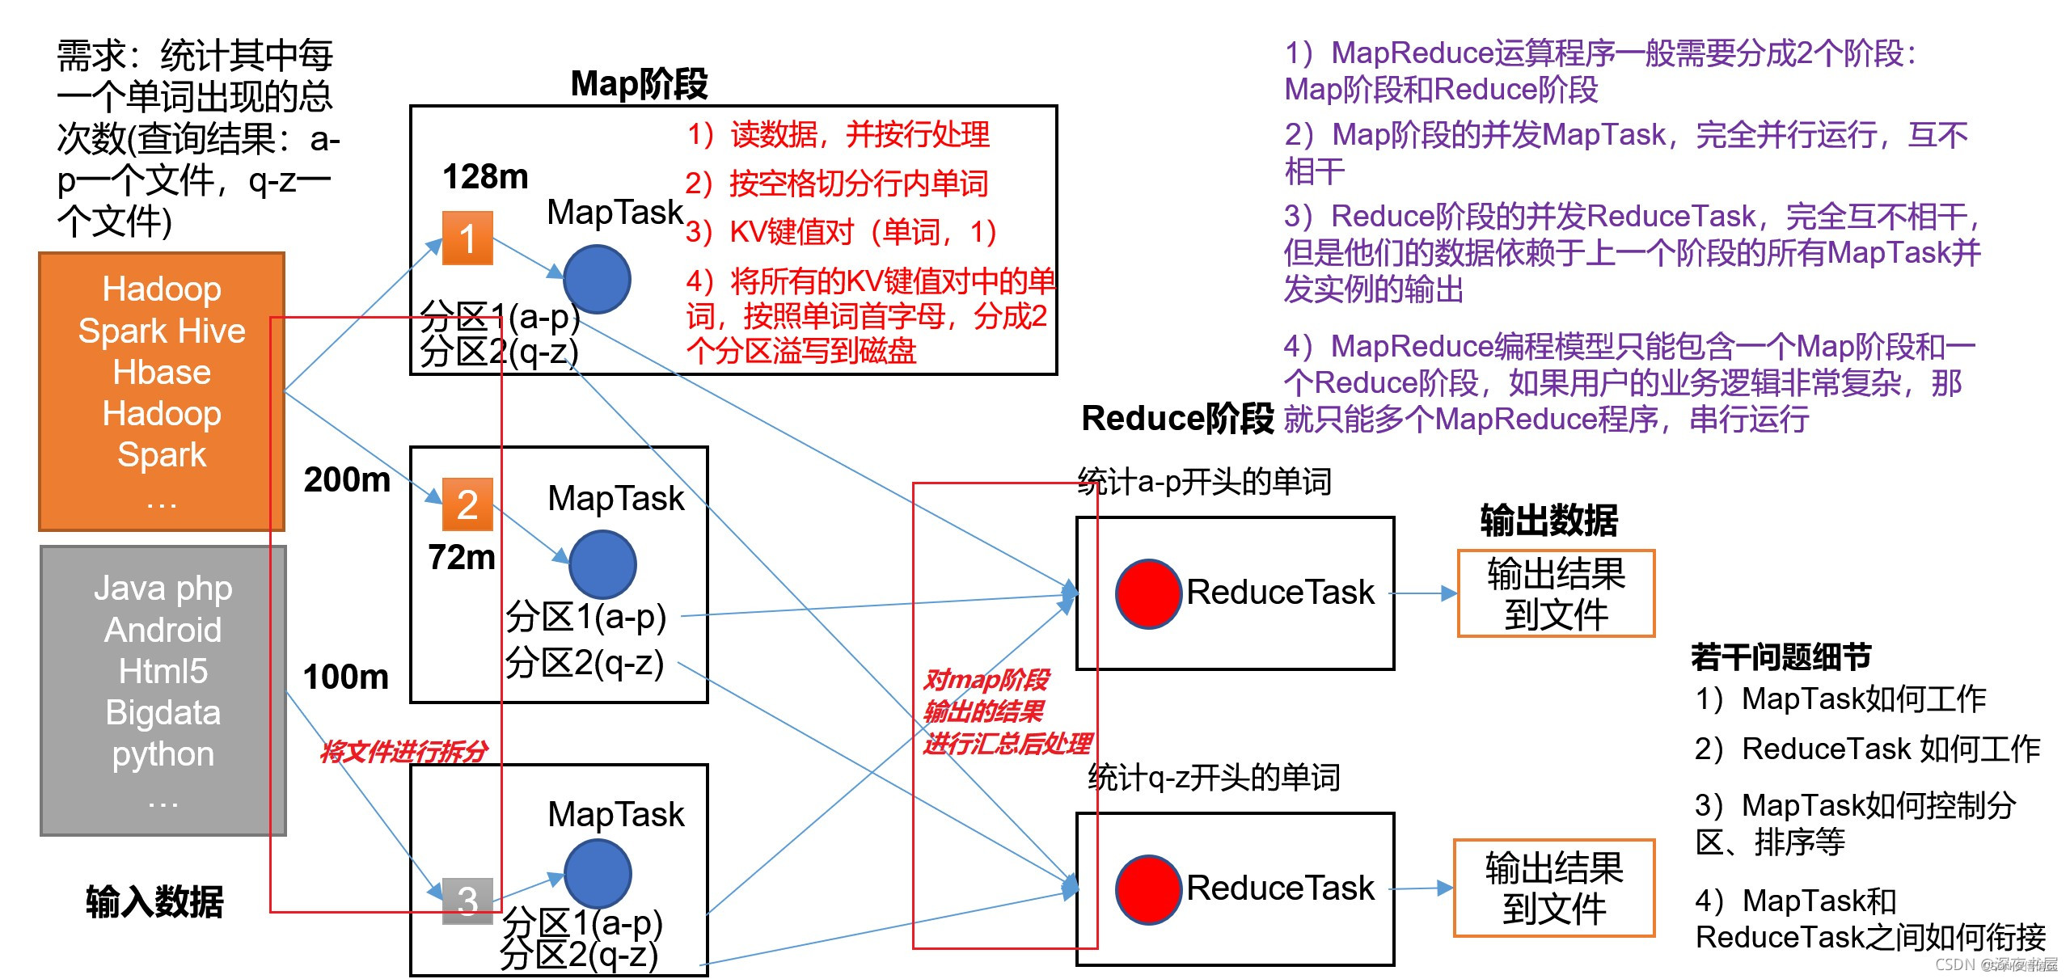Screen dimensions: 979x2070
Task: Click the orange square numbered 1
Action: pos(467,238)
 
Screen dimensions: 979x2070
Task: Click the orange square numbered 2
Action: pos(467,504)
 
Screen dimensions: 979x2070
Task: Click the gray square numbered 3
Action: pos(467,901)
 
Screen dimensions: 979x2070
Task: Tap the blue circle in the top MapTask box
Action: pos(597,280)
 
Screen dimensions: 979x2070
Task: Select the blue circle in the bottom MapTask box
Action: pos(598,873)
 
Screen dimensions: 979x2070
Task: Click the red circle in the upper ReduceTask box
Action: pos(1148,593)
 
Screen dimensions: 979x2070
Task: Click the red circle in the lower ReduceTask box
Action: pos(1148,889)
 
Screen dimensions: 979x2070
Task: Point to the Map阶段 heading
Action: pos(639,84)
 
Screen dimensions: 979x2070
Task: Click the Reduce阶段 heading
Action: pos(1177,419)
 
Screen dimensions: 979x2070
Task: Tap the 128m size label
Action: pos(485,177)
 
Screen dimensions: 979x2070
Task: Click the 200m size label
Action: pos(347,480)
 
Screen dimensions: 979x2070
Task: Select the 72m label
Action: pos(462,558)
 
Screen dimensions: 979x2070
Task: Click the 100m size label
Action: pos(346,677)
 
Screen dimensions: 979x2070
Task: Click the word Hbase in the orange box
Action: pos(162,373)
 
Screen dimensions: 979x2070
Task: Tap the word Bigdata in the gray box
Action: pos(163,713)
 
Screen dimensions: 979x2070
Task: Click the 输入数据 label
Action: pos(154,902)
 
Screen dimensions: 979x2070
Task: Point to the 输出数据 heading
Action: pos(1548,521)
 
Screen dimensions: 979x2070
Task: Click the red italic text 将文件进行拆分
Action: pos(404,752)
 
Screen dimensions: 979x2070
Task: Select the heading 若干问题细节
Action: pos(1781,657)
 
